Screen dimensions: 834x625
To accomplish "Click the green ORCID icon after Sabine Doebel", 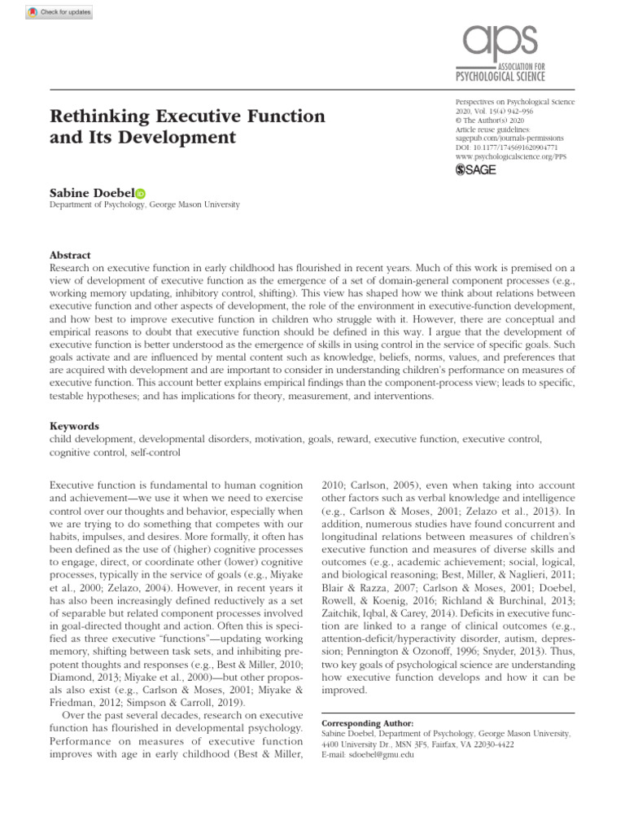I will coord(140,194).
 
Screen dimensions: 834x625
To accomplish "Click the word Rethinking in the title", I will coord(99,116).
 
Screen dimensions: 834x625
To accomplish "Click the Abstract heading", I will coord(70,255).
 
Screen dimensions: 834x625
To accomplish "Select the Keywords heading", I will coord(74,426).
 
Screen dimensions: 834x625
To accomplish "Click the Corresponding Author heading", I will coord(368,722).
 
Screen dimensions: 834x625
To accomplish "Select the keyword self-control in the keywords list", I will coord(155,451).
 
